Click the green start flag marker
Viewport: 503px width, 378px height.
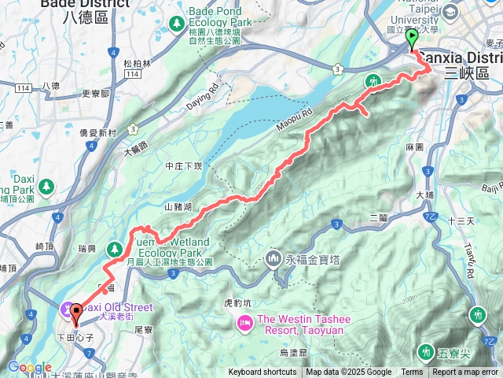click(412, 38)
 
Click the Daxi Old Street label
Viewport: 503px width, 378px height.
click(110, 306)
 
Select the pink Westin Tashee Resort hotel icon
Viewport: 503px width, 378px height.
click(244, 321)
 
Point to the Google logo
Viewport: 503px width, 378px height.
click(28, 367)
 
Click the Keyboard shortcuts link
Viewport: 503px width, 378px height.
click(263, 372)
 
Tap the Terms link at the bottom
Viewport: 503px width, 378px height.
click(412, 372)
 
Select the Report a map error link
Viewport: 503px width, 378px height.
click(466, 372)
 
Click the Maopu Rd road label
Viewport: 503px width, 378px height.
click(295, 120)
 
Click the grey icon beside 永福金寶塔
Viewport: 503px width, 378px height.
click(274, 258)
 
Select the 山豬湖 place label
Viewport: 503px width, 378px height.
click(179, 206)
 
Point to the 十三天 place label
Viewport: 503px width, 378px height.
click(460, 221)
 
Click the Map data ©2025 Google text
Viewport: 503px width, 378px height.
click(348, 372)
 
